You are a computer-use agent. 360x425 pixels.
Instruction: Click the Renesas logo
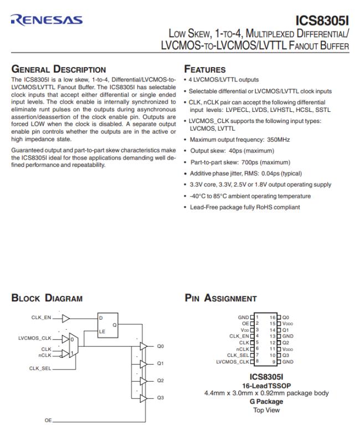pos(47,20)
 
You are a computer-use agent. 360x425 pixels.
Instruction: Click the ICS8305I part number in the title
pos(322,21)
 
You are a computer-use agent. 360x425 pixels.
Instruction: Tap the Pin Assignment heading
pos(220,298)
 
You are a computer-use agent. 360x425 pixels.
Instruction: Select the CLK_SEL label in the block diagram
pos(40,367)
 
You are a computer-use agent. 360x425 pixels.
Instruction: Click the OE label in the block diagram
pos(48,420)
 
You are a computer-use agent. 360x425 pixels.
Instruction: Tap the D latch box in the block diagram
pos(109,325)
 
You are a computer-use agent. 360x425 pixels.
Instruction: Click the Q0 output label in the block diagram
pos(161,346)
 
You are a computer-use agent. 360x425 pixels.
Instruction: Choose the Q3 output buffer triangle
pos(143,398)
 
